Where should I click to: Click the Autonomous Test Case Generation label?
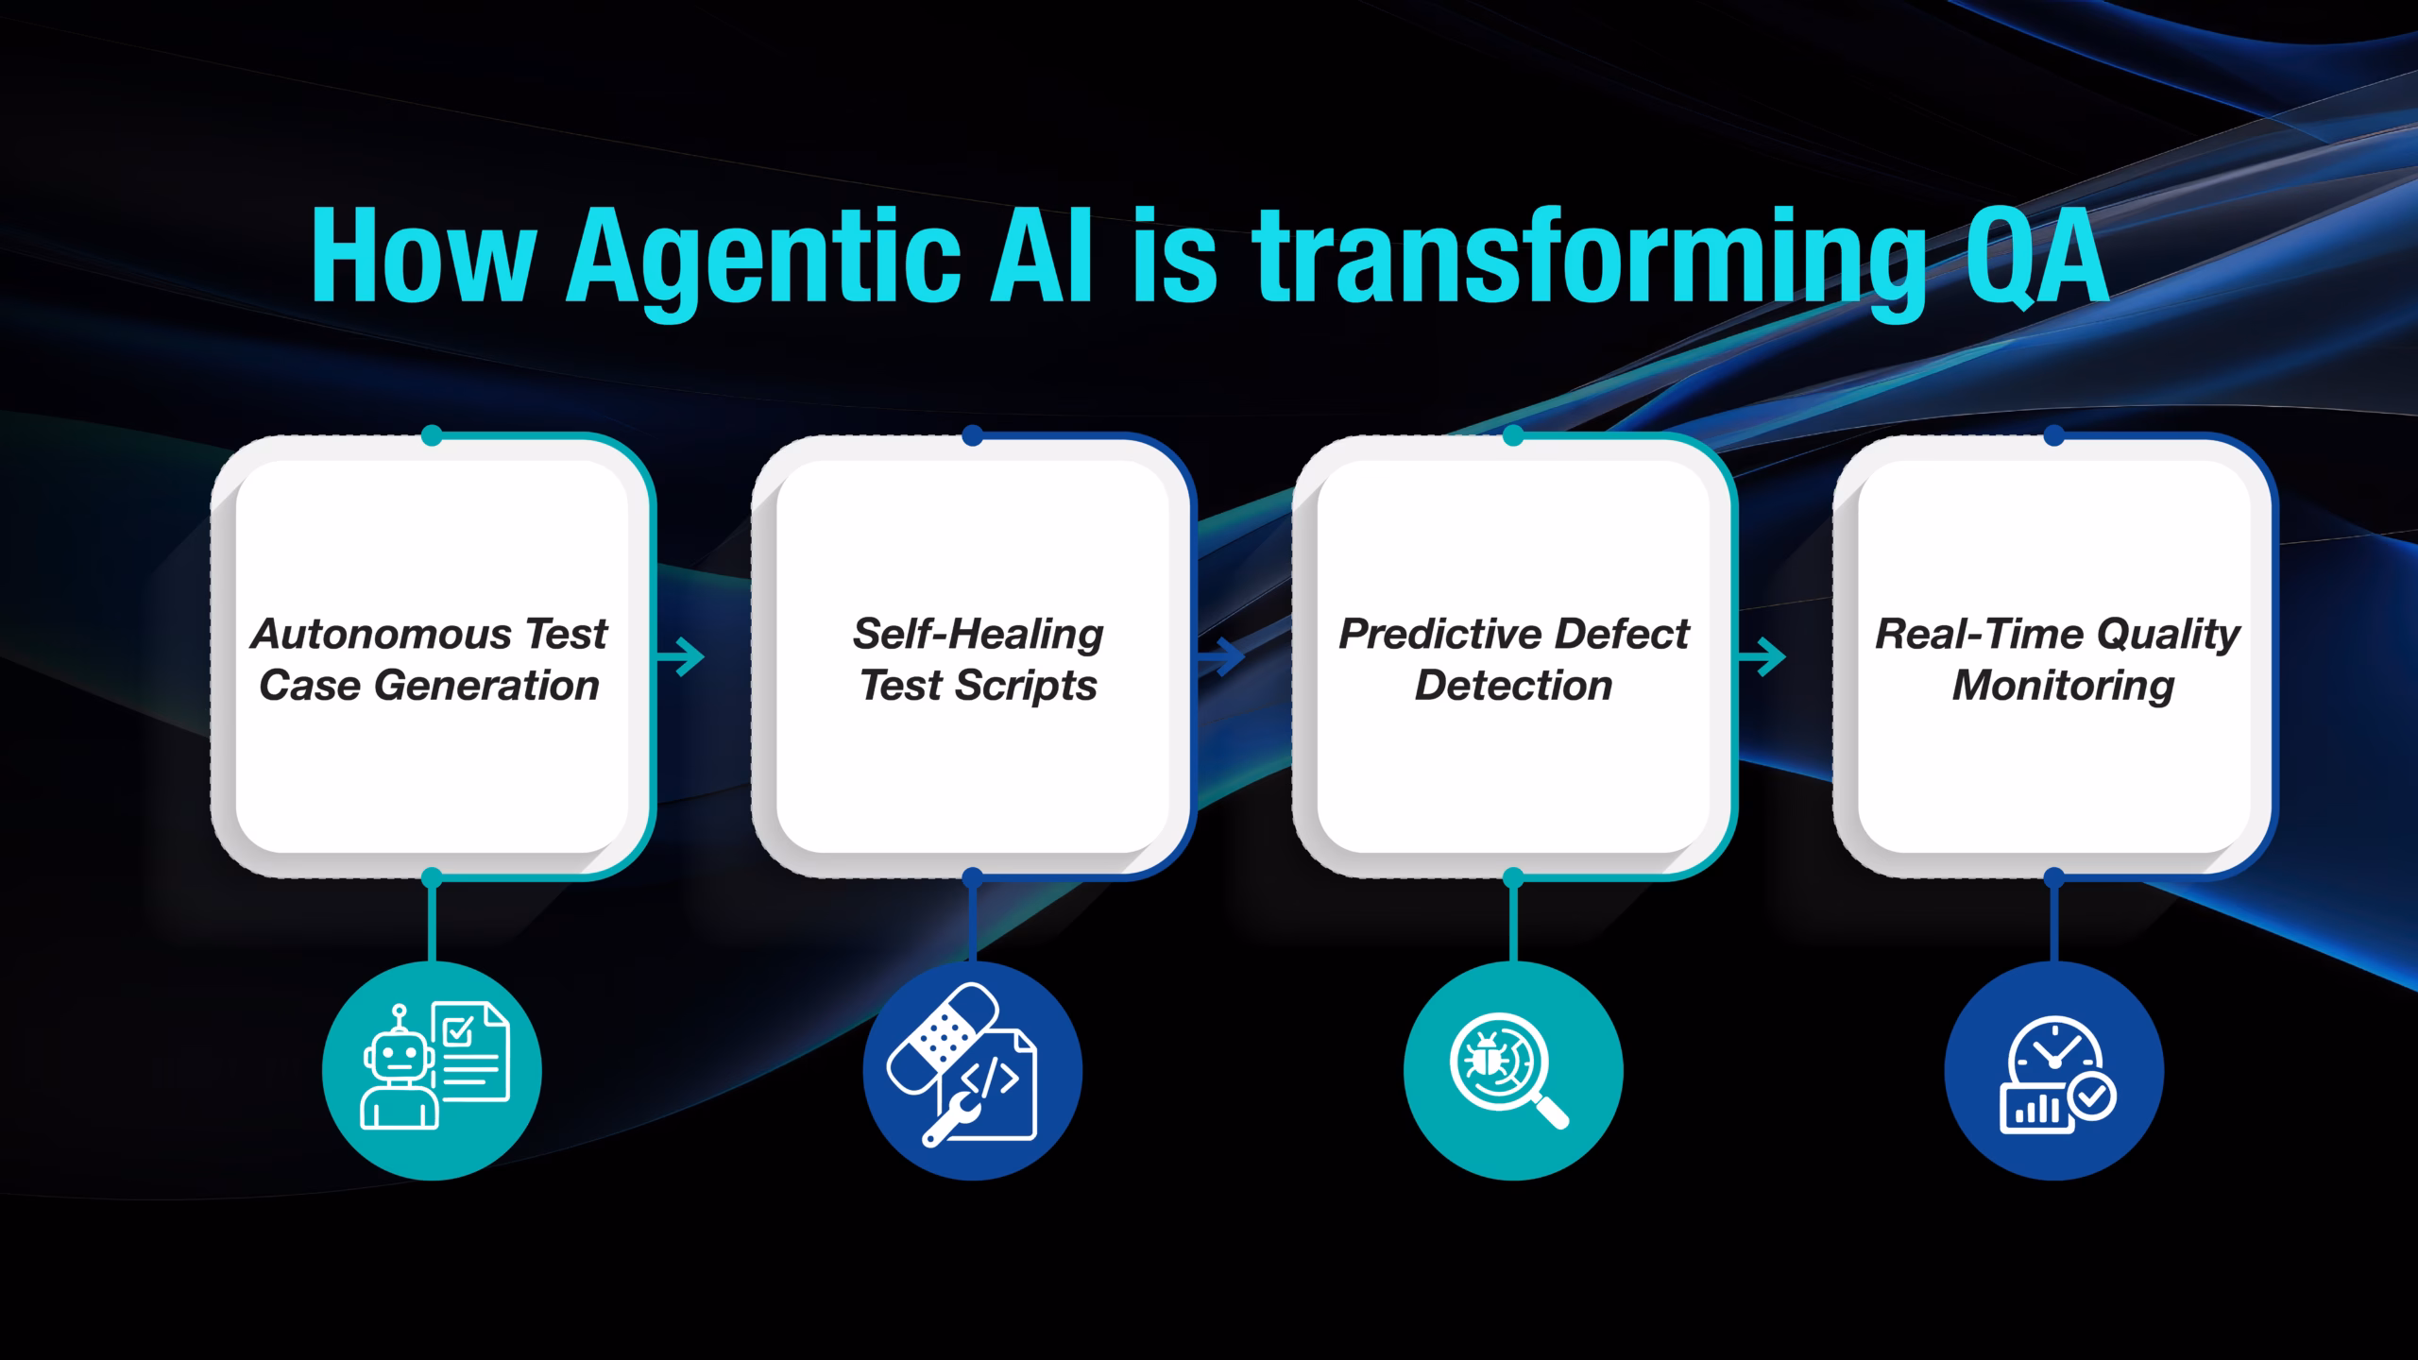coord(429,659)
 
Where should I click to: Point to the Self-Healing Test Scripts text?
coord(979,659)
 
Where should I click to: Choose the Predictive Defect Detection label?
coord(1513,659)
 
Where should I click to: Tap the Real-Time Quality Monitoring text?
coord(2057,659)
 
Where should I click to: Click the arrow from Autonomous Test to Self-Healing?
coord(680,656)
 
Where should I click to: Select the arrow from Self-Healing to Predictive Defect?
coord(1220,656)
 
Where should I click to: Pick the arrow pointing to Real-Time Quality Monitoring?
coord(1762,656)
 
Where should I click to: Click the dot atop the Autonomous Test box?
coord(432,435)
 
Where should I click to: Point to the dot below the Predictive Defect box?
coord(1513,878)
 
